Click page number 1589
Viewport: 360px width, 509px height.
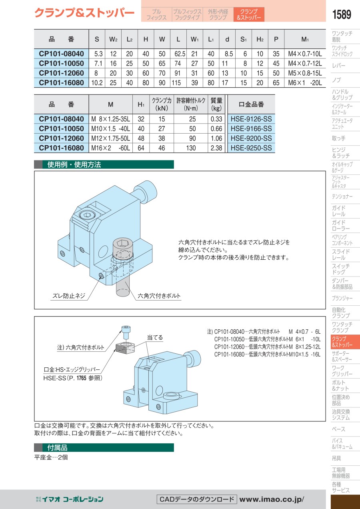[342, 14]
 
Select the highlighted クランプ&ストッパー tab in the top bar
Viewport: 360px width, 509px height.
[249, 14]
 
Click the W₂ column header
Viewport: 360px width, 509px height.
[113, 39]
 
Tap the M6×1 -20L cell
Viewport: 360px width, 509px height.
[305, 83]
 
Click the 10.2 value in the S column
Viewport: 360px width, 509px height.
[97, 83]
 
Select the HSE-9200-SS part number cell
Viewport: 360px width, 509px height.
[251, 138]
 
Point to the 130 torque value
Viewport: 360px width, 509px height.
[191, 148]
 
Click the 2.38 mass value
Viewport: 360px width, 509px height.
[216, 148]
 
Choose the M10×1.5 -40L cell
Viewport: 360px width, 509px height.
[111, 128]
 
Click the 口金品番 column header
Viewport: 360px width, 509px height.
[251, 104]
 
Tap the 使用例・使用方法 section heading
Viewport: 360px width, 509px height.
[74, 164]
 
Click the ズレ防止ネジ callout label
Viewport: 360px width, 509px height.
[69, 296]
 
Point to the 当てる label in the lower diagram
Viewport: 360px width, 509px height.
[155, 337]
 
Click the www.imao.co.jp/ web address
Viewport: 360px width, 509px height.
[272, 499]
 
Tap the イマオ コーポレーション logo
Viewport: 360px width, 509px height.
[70, 499]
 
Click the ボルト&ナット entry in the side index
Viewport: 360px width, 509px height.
[339, 385]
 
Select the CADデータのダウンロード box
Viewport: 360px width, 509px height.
[197, 499]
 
